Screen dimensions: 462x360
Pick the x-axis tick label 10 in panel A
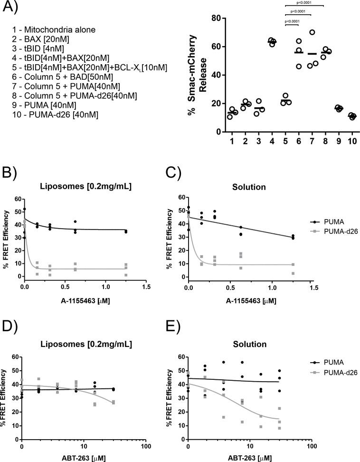coord(352,142)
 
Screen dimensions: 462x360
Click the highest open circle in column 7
coord(312,32)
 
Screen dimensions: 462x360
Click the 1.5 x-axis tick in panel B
coord(146,288)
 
